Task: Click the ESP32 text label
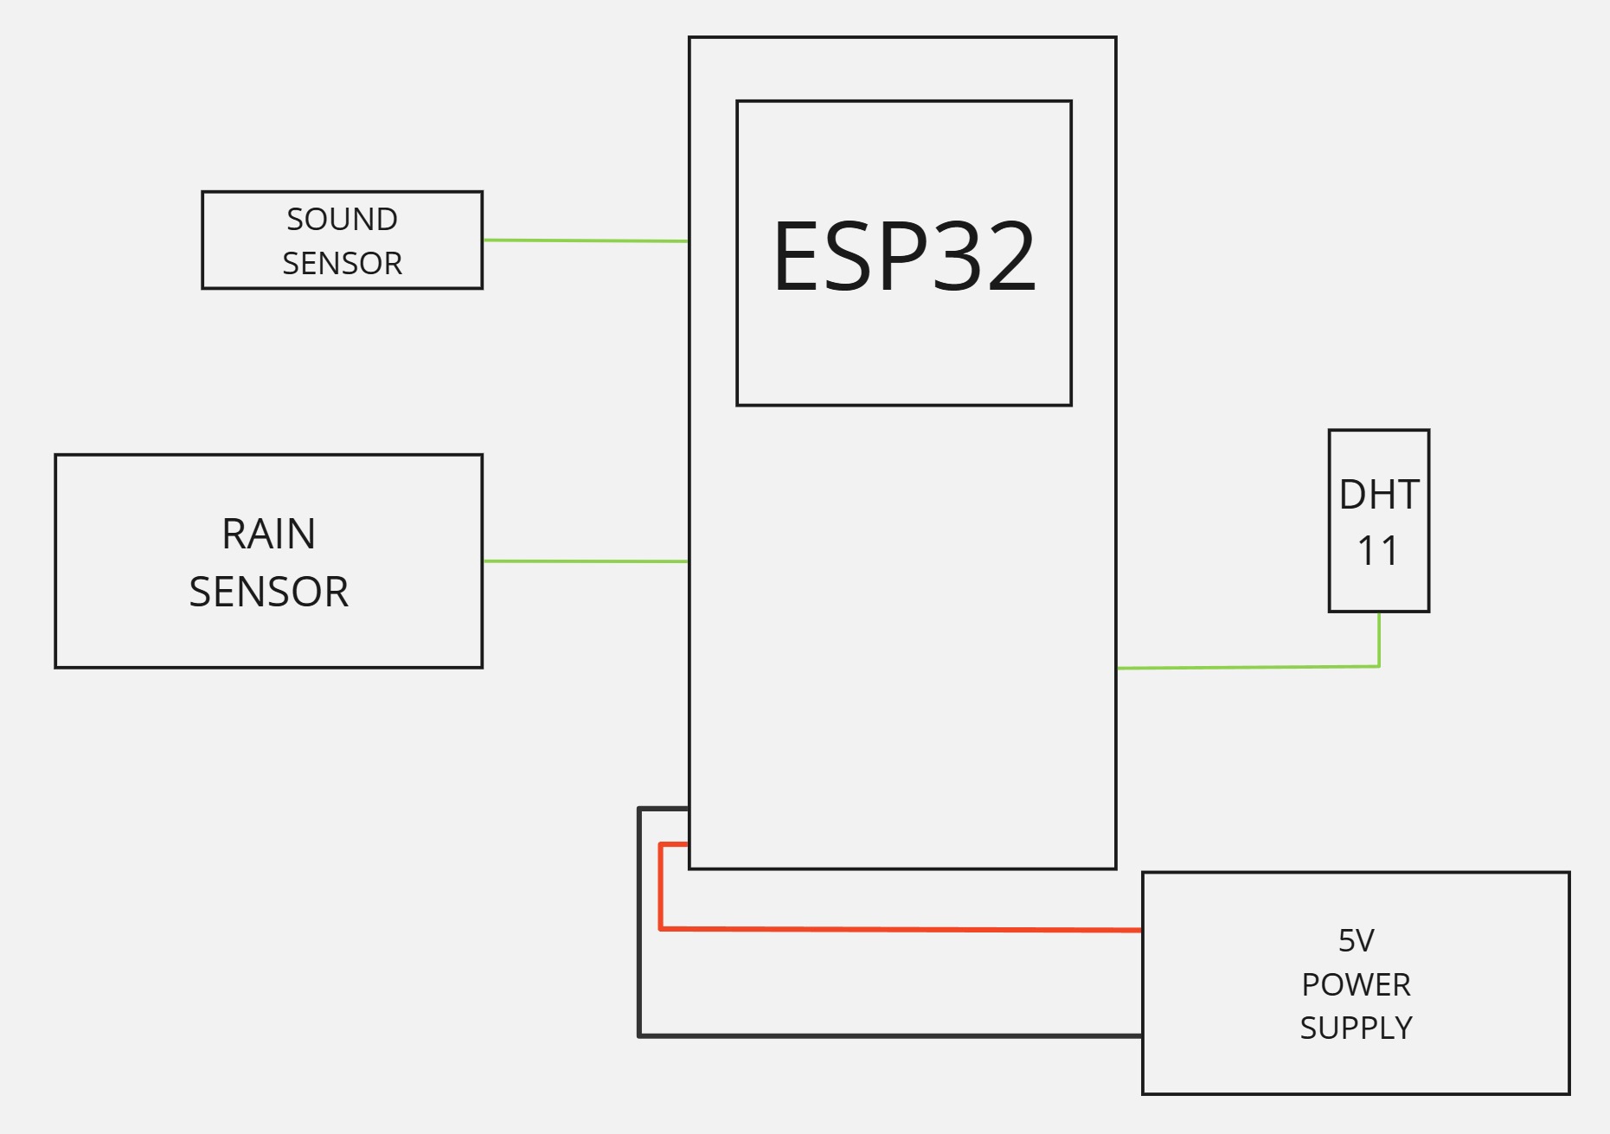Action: [x=904, y=257]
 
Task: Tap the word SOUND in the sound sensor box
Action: [x=342, y=220]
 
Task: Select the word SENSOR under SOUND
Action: [x=342, y=263]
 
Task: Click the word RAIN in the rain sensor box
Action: [x=268, y=534]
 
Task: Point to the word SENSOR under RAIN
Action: [x=268, y=593]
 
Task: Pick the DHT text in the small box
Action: [x=1378, y=495]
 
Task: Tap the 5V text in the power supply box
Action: [x=1356, y=941]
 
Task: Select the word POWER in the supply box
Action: [x=1356, y=984]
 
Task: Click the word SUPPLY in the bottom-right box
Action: [x=1356, y=1028]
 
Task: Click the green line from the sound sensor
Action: [x=585, y=240]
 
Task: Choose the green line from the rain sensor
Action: [x=585, y=561]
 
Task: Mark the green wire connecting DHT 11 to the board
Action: [x=1246, y=667]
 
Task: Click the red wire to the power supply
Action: [x=900, y=930]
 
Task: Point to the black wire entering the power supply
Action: [x=891, y=1035]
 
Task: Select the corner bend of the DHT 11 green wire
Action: [x=1379, y=666]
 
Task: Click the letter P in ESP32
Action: [x=901, y=257]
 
